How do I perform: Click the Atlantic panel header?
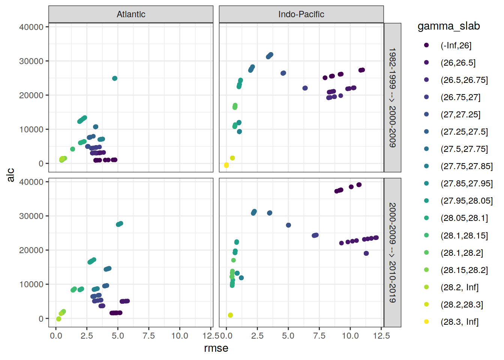131,14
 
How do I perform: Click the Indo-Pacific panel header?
301,14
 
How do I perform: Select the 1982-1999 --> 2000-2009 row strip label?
392,97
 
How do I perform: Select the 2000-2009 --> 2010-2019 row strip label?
392,252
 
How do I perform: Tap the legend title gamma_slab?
448,26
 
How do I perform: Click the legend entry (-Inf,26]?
456,45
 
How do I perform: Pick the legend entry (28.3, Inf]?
459,322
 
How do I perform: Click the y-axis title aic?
10,175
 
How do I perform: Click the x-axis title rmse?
216,348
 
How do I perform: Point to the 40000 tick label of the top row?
31,27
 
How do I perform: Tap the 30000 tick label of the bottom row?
31,216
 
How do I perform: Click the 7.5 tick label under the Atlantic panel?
149,336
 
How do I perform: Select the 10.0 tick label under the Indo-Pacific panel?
350,336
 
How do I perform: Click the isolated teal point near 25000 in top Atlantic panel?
115,78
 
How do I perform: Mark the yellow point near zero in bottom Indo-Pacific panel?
230,315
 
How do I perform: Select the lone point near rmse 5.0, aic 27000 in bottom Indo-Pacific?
288,225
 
